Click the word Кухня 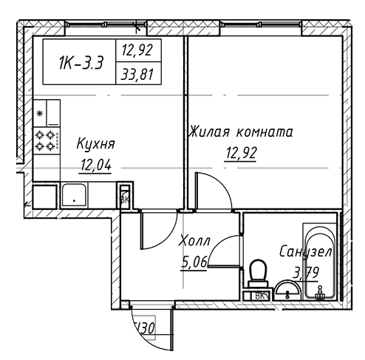(x=95, y=144)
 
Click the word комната (x=265, y=133)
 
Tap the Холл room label (x=195, y=240)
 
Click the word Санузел (x=305, y=252)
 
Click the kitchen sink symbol (x=75, y=194)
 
